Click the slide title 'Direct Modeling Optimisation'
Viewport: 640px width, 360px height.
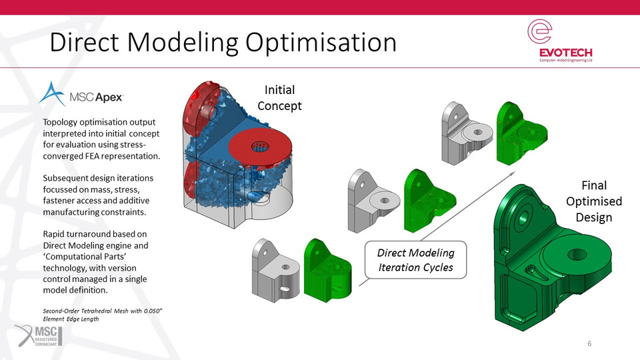[223, 42]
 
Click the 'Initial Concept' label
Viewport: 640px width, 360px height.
[279, 97]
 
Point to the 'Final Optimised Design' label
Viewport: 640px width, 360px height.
[593, 201]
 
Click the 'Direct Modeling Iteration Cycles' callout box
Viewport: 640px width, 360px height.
[415, 260]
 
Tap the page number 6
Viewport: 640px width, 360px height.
[589, 343]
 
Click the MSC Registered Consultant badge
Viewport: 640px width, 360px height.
[38, 335]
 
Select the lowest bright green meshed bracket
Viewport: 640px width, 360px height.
[327, 269]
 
